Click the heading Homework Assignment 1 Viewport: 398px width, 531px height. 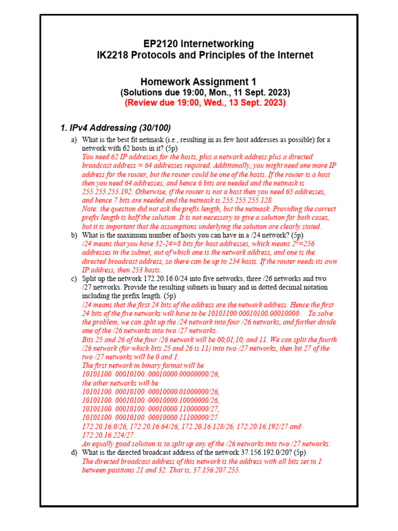click(198, 82)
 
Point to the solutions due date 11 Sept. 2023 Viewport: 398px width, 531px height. click(260, 92)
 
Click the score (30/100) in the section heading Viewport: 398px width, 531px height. click(151, 128)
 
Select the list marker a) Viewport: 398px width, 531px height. click(74, 140)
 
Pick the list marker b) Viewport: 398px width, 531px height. click(74, 235)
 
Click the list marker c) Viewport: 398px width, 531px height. click(74, 279)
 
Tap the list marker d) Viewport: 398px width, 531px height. click(74, 453)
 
